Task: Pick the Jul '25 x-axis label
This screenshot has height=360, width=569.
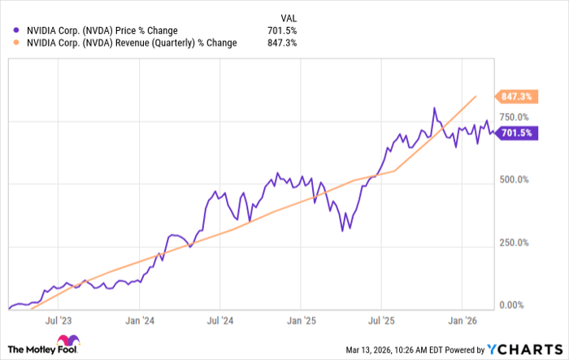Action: [x=384, y=321]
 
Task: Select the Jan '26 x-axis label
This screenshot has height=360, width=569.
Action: [x=463, y=321]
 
